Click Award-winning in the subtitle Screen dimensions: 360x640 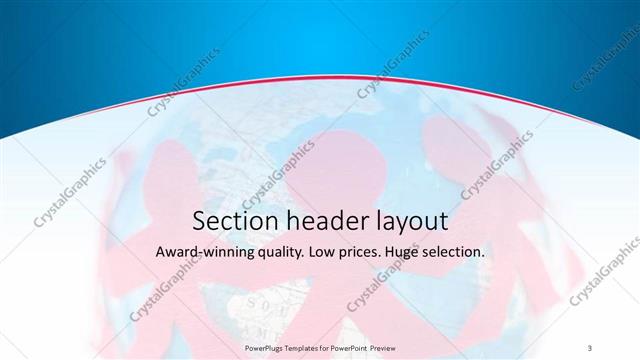[x=206, y=253]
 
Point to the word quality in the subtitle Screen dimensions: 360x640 [x=291, y=254]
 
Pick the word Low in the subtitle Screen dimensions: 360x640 [x=339, y=253]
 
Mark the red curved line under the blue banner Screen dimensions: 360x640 [x=320, y=83]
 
